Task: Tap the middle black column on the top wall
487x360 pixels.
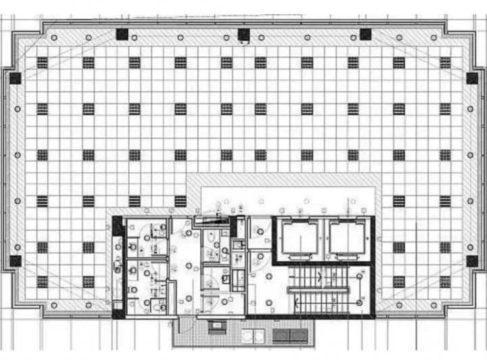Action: [243, 34]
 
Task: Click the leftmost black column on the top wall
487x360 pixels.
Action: [122, 34]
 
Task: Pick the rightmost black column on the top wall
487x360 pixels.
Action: [365, 34]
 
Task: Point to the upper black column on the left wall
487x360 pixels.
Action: [15, 78]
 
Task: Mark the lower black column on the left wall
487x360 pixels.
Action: [15, 261]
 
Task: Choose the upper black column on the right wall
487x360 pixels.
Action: [471, 78]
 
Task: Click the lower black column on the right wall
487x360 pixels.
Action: [471, 261]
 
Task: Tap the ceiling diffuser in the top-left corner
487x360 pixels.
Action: [42, 62]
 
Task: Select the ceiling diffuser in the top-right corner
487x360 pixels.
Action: [445, 62]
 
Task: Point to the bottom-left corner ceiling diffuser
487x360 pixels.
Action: [42, 282]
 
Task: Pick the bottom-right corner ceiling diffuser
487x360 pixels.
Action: [445, 282]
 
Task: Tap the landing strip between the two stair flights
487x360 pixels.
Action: [318, 290]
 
